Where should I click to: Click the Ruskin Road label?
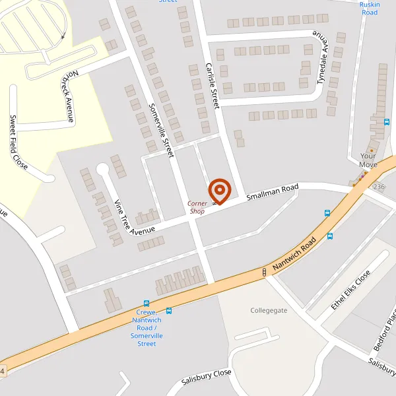[x=370, y=8]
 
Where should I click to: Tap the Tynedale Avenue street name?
[x=322, y=58]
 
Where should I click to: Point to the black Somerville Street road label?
[x=160, y=129]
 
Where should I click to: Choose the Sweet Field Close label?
[x=18, y=142]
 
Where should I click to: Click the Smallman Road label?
[x=273, y=192]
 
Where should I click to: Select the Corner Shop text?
[x=197, y=207]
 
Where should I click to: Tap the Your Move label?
[x=368, y=160]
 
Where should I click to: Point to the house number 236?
[x=378, y=187]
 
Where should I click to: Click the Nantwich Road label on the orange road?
[x=295, y=255]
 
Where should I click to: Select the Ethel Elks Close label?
[x=350, y=290]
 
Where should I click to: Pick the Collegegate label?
[x=269, y=310]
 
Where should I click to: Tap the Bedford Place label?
[x=384, y=337]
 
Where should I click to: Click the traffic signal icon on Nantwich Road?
[x=265, y=271]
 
